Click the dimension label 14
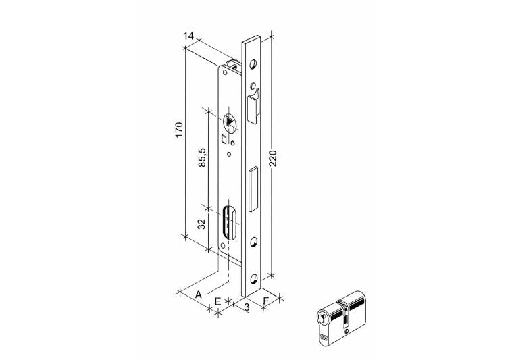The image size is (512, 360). pyautogui.click(x=188, y=36)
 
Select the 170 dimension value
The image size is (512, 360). pyautogui.click(x=179, y=130)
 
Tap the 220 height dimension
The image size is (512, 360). pyautogui.click(x=273, y=159)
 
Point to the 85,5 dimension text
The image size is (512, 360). pyautogui.click(x=202, y=157)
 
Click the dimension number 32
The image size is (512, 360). pyautogui.click(x=202, y=224)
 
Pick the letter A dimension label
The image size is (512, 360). pyautogui.click(x=198, y=294)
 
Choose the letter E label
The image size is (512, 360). pyautogui.click(x=217, y=301)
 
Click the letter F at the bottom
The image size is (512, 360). pyautogui.click(x=266, y=300)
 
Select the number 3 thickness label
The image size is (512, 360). pyautogui.click(x=247, y=307)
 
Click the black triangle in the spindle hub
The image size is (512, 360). pyautogui.click(x=230, y=121)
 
